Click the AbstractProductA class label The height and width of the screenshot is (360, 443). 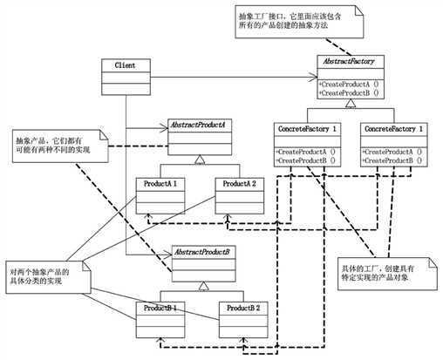[x=200, y=126]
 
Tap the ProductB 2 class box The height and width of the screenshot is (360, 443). [x=242, y=319]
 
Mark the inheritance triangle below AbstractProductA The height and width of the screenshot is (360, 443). [x=200, y=160]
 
